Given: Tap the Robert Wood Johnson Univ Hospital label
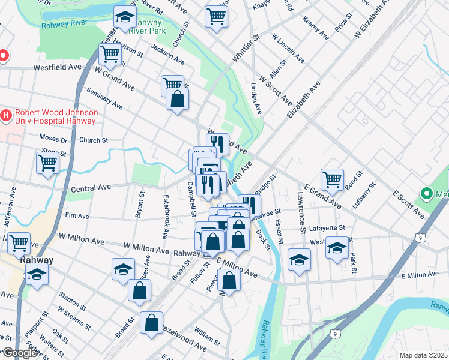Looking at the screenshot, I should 56,116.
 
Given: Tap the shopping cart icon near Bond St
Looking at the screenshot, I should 332,179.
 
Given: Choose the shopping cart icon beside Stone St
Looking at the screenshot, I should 47,162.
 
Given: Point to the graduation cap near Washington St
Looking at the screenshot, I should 337,247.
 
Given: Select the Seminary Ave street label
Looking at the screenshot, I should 104,99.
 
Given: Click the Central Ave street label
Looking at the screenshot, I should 91,188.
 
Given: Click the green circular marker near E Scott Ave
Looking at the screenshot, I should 427,194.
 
